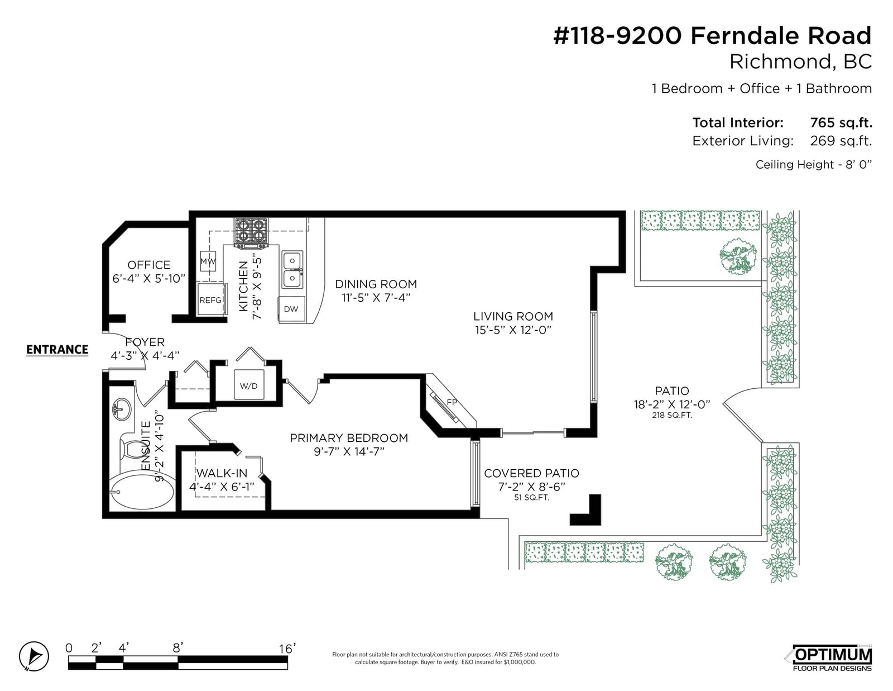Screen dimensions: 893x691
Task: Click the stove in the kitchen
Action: pos(251,233)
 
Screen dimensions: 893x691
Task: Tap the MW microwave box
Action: pos(208,261)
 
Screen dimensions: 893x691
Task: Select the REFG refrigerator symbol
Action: pos(211,299)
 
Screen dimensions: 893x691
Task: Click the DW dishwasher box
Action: pos(291,309)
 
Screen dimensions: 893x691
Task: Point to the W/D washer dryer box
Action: pos(248,385)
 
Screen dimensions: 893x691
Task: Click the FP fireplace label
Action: pos(452,402)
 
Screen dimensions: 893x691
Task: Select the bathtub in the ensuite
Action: pos(141,490)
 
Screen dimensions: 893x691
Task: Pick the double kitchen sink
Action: pos(292,269)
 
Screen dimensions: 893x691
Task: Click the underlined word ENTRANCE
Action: pos(57,350)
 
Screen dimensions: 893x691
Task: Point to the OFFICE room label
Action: pos(149,265)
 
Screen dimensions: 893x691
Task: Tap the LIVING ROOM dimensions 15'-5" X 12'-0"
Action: pos(513,330)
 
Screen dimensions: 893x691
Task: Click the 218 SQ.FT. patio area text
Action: pos(672,416)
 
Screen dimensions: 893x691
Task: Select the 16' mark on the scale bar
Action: pos(287,649)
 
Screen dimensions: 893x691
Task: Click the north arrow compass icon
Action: pos(33,656)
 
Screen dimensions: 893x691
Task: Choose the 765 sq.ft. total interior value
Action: pos(841,122)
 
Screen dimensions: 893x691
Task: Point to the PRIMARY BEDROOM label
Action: pos(349,438)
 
